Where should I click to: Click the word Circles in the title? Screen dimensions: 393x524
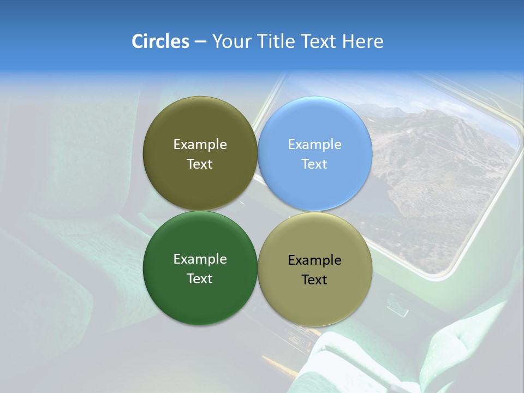pos(160,41)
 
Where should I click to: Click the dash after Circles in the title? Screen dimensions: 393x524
pos(200,42)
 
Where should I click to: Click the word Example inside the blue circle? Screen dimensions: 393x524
pos(314,145)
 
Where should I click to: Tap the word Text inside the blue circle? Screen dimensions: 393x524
pos(314,164)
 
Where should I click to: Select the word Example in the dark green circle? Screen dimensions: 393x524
pos(200,259)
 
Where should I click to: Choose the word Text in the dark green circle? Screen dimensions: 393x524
pos(200,279)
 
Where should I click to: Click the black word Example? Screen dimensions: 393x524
pos(314,260)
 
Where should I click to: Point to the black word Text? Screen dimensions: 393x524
pos(314,280)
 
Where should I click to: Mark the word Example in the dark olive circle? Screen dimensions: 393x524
pos(200,145)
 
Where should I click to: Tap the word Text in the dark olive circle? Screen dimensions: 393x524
pos(200,164)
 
